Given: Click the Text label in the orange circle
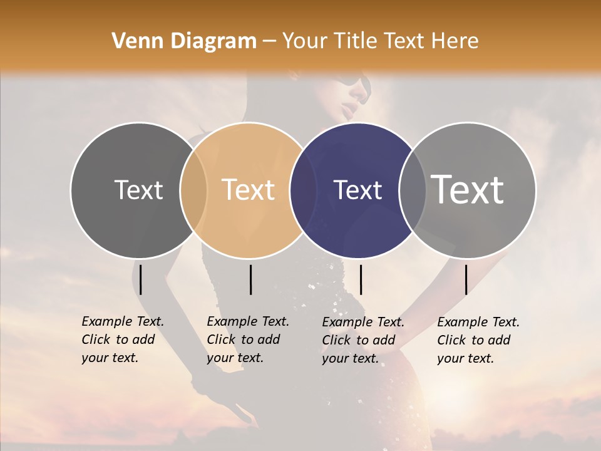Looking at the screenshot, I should click(249, 190).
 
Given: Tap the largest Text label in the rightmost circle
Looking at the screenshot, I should click(468, 189).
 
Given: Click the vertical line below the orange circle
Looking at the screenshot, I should click(250, 279).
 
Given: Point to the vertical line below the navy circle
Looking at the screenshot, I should click(361, 279).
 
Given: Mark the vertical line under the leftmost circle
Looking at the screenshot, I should click(141, 279).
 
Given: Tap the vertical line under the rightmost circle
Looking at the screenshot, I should click(466, 279).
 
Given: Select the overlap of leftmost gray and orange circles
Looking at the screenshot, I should click(193, 190).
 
